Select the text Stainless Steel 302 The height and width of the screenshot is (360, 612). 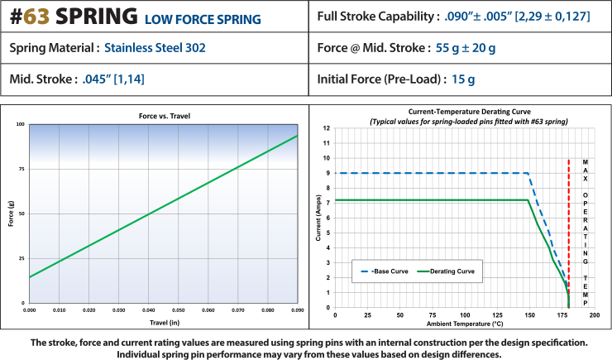(x=155, y=48)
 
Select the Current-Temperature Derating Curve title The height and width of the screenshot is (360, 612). (x=458, y=110)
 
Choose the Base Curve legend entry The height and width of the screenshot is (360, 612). (x=385, y=271)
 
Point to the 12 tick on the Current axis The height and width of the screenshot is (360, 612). (x=327, y=128)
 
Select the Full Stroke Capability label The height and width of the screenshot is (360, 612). (x=375, y=16)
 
